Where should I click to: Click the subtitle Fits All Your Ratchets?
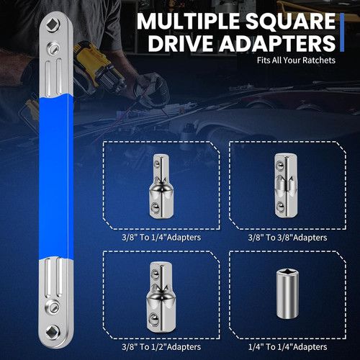(x=295, y=60)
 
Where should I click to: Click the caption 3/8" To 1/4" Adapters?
(x=161, y=236)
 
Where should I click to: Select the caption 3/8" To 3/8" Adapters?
(x=287, y=236)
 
